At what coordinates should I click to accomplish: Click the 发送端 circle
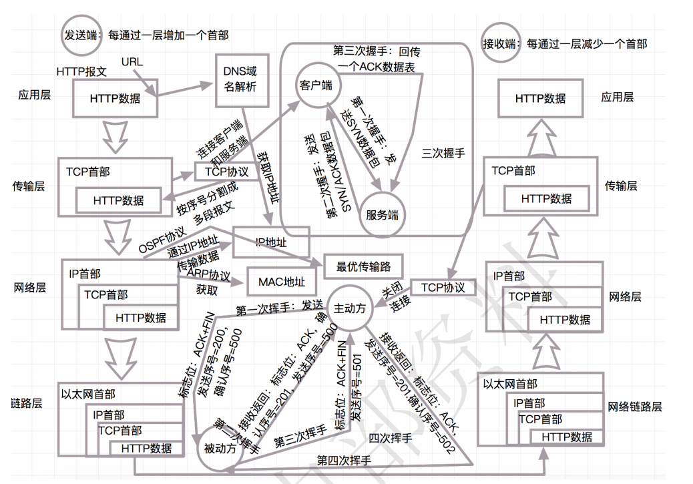[x=80, y=35]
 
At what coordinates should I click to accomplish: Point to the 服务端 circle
[x=382, y=215]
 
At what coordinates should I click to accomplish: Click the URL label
[x=132, y=61]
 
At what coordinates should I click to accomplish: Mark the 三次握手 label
[x=443, y=153]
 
